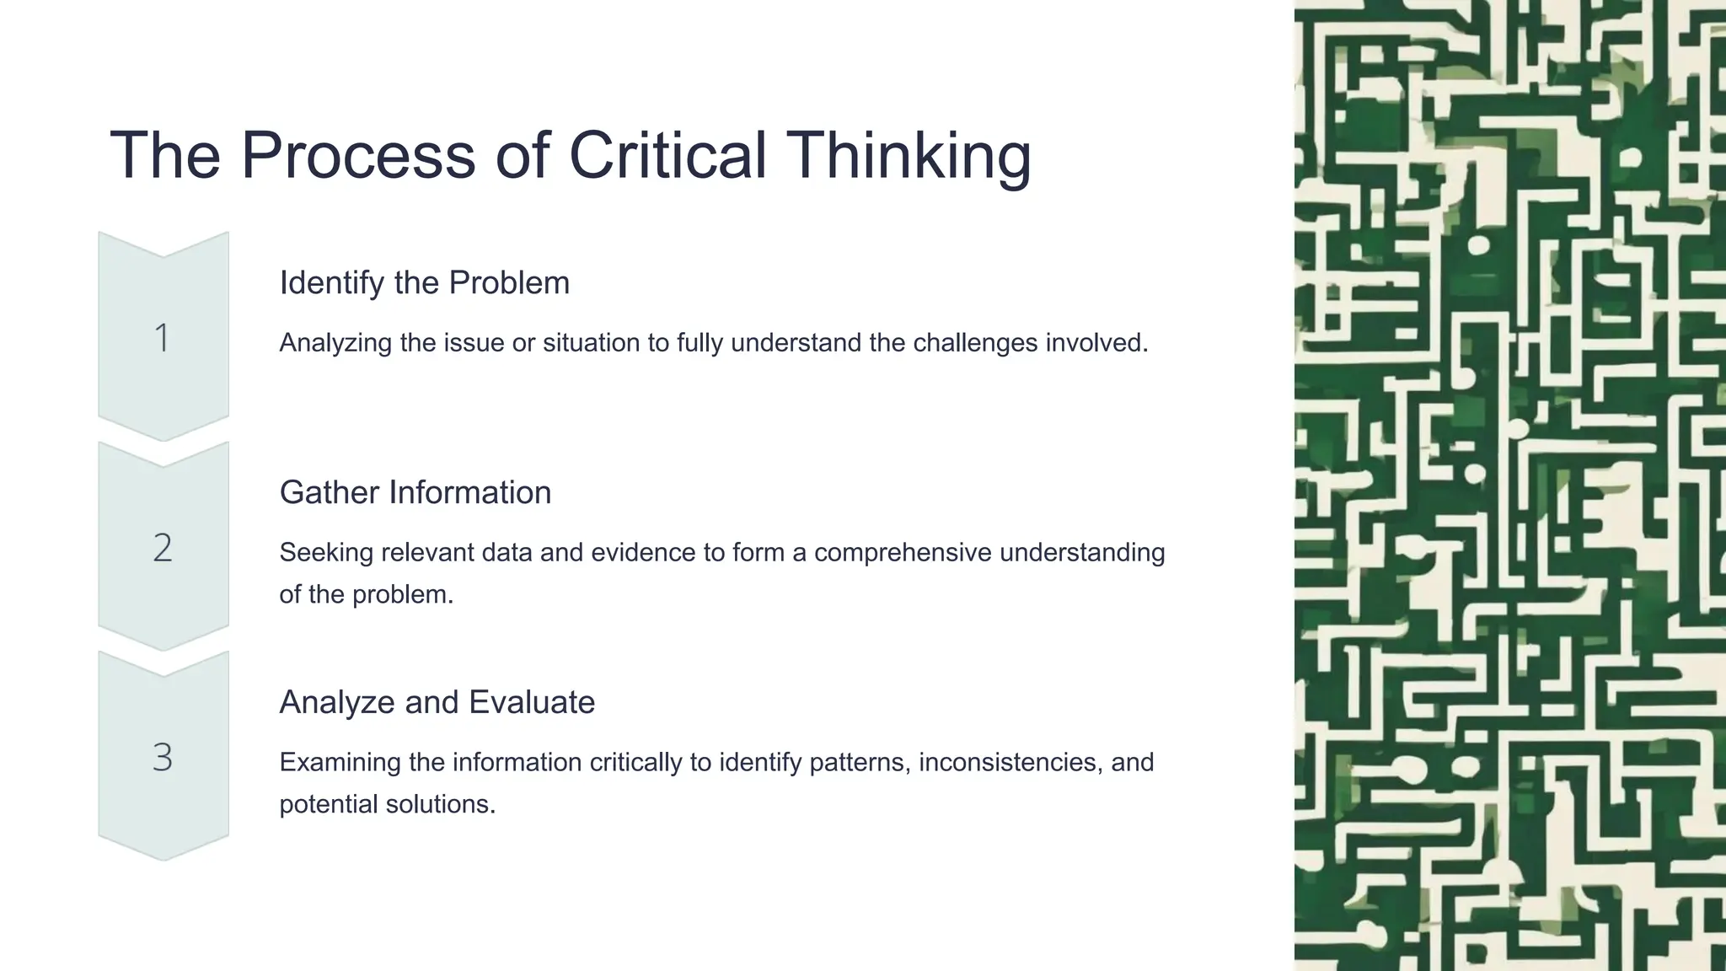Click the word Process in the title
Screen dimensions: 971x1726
coord(357,156)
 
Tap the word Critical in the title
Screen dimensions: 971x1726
coord(667,156)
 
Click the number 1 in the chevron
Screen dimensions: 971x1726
coord(163,338)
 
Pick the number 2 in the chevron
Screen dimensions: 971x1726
coord(163,548)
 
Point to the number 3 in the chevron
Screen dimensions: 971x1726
coord(163,758)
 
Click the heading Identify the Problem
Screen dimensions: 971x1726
coord(424,283)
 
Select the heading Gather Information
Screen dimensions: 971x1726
coord(415,493)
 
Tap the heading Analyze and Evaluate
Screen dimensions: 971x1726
coord(437,702)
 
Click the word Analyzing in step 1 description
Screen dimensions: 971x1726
coord(335,343)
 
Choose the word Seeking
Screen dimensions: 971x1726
coord(326,553)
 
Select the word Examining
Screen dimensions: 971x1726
coord(340,763)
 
